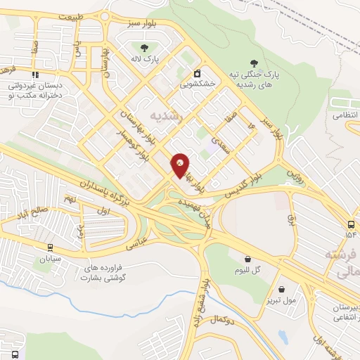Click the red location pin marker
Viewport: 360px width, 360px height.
click(x=181, y=166)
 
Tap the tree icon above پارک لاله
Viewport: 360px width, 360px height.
click(x=144, y=48)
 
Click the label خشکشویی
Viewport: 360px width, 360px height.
click(x=198, y=83)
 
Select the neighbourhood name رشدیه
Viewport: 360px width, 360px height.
click(x=166, y=117)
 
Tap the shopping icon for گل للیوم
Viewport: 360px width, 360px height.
click(x=247, y=259)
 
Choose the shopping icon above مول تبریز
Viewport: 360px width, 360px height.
click(x=282, y=289)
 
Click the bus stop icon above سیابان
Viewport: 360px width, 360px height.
click(x=50, y=247)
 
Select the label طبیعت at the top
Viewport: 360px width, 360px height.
click(x=70, y=15)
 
